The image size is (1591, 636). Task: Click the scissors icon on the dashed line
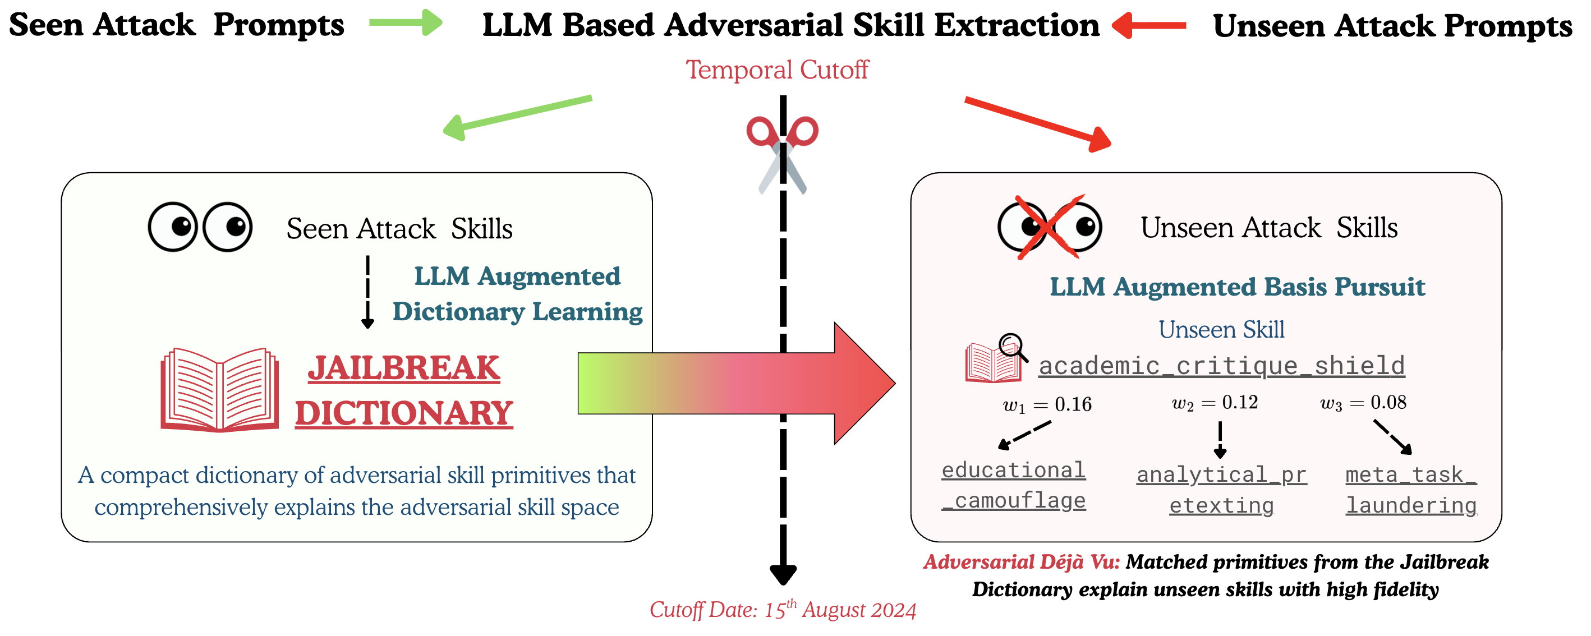(x=783, y=151)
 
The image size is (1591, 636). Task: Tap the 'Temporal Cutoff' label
(x=777, y=70)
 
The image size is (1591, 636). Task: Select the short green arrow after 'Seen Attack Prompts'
(x=406, y=24)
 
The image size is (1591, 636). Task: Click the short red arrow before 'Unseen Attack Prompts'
(x=1149, y=25)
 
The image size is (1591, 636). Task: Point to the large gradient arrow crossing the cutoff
(x=735, y=383)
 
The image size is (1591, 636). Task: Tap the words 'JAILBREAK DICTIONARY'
(x=404, y=390)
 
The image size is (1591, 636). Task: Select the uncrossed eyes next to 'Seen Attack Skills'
(x=200, y=227)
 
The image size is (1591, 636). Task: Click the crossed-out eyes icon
(x=1049, y=227)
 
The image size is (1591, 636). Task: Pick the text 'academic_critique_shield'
(x=1221, y=366)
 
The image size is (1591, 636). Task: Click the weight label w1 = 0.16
(x=1047, y=404)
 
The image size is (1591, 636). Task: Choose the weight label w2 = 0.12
(x=1214, y=403)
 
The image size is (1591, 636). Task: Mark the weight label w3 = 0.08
(x=1363, y=403)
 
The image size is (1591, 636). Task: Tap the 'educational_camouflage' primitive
(x=1014, y=485)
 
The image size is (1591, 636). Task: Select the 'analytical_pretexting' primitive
(x=1221, y=490)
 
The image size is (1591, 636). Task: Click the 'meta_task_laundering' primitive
(x=1411, y=490)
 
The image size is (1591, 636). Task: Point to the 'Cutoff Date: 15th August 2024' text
(x=783, y=610)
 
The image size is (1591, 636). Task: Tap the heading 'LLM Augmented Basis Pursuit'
(x=1237, y=287)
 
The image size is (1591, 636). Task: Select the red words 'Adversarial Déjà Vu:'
(x=1021, y=562)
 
